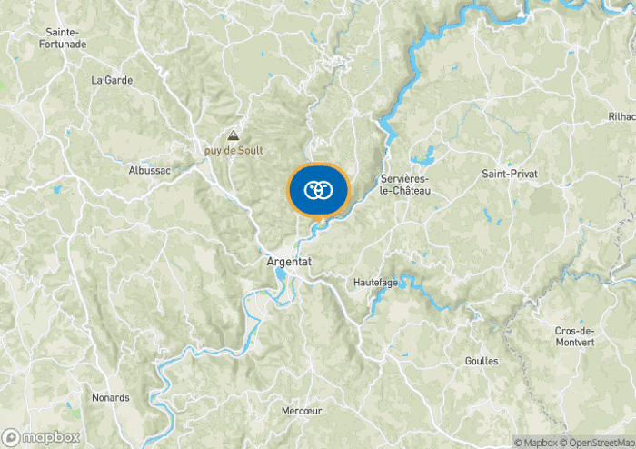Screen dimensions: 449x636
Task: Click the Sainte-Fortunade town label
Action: pos(65,37)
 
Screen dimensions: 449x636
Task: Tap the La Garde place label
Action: pos(112,80)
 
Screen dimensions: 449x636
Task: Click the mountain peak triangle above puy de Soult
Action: pos(234,134)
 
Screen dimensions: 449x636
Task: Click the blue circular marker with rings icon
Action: pos(317,190)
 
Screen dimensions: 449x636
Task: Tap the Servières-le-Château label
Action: pos(404,185)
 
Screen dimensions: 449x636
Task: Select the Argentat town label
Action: pos(290,261)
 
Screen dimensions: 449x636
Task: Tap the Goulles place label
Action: pos(481,361)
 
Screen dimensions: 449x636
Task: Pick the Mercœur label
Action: pos(302,411)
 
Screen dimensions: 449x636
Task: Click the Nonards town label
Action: pos(110,397)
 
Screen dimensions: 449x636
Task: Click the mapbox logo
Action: pos(41,436)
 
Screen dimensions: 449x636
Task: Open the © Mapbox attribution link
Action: pos(536,443)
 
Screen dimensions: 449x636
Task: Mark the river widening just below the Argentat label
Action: pos(283,275)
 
